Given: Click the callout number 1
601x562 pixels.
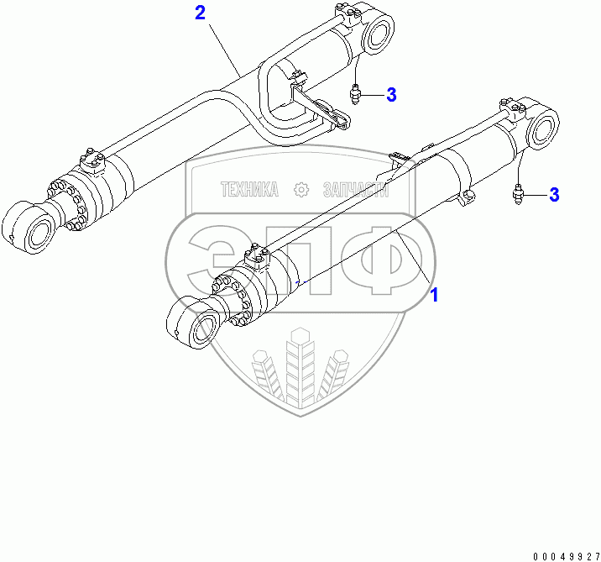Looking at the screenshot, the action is (x=434, y=295).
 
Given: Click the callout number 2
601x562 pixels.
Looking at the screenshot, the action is (x=200, y=13).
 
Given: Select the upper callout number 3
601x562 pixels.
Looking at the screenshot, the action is (x=391, y=95).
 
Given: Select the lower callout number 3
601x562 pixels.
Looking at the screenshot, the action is (x=553, y=195).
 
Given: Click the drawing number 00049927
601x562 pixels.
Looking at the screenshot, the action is (x=565, y=554).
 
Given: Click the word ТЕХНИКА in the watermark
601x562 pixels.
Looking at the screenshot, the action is (x=248, y=191).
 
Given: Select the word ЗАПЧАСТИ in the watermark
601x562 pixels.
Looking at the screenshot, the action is (x=356, y=191).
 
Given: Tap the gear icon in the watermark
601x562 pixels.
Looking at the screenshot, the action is (x=300, y=191).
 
